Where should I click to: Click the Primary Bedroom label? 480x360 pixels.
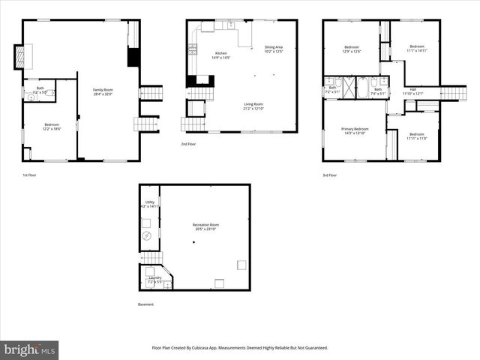[355, 130]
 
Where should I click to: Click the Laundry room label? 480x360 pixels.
[154, 280]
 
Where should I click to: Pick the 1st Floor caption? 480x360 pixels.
[29, 175]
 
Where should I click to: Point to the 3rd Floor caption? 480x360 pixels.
[330, 175]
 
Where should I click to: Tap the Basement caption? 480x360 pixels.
[145, 304]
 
